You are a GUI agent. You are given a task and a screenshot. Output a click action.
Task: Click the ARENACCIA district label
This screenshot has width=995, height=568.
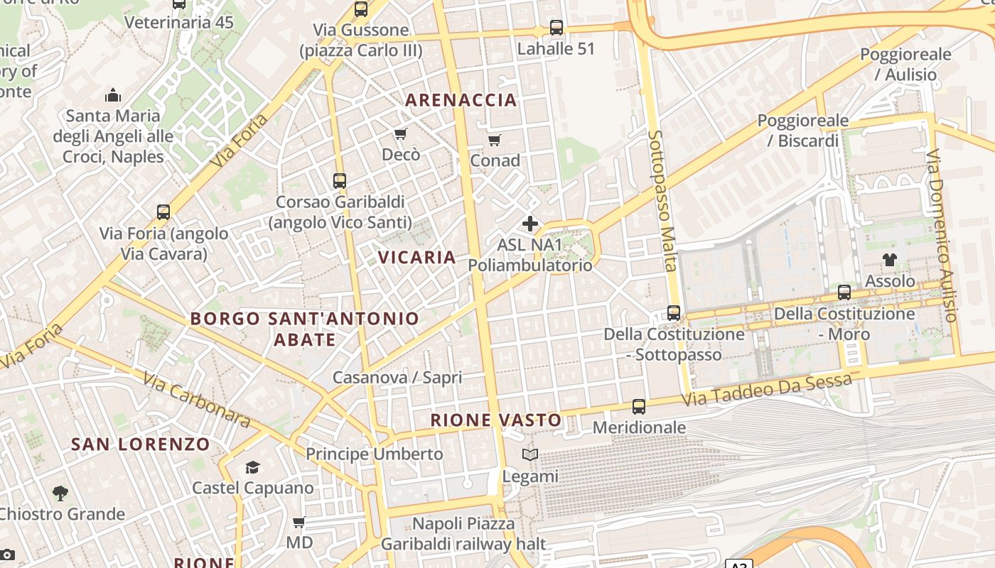pyautogui.click(x=461, y=100)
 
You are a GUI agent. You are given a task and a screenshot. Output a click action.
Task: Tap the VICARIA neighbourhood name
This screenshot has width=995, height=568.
pyautogui.click(x=417, y=257)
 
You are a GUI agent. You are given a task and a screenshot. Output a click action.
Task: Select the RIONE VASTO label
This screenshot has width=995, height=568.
pyautogui.click(x=496, y=420)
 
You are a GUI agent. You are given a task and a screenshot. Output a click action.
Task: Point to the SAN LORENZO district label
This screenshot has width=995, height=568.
pyautogui.click(x=141, y=444)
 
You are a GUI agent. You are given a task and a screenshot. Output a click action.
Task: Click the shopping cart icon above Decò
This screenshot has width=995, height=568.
pyautogui.click(x=401, y=134)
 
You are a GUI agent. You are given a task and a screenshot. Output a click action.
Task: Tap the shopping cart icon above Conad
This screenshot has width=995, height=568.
pyautogui.click(x=495, y=140)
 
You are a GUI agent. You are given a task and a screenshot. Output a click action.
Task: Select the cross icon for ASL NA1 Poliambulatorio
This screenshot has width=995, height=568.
pyautogui.click(x=530, y=224)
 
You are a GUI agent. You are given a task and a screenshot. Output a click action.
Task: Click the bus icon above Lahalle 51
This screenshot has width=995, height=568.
pyautogui.click(x=556, y=28)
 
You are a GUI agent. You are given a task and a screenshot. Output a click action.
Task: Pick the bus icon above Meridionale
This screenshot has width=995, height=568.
pyautogui.click(x=639, y=407)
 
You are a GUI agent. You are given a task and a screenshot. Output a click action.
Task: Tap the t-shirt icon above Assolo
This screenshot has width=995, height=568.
pyautogui.click(x=890, y=260)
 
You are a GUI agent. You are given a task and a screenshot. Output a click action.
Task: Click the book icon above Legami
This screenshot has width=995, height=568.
pyautogui.click(x=530, y=455)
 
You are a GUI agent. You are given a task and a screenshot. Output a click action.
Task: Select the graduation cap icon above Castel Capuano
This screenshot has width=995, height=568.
pyautogui.click(x=252, y=467)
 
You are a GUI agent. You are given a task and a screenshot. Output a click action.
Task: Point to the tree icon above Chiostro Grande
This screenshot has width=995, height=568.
pyautogui.click(x=60, y=493)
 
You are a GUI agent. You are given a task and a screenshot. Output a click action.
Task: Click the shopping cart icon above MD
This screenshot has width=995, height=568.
pyautogui.click(x=299, y=523)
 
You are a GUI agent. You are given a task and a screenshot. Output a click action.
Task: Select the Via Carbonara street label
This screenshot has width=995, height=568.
pyautogui.click(x=196, y=400)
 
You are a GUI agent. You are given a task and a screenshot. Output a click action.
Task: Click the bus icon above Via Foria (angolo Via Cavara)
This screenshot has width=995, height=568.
pyautogui.click(x=163, y=212)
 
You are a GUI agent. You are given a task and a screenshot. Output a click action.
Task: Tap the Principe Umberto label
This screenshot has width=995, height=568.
pyautogui.click(x=374, y=454)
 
